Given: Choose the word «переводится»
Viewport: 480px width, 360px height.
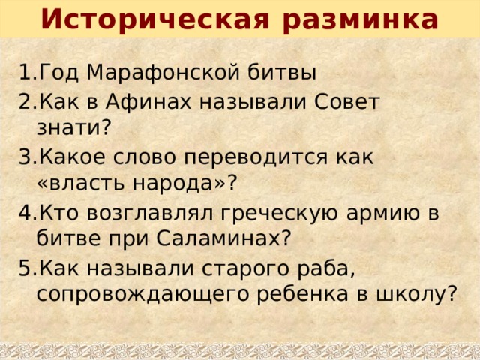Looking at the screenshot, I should (x=259, y=157).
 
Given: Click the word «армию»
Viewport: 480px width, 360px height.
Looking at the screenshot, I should (x=395, y=212).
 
